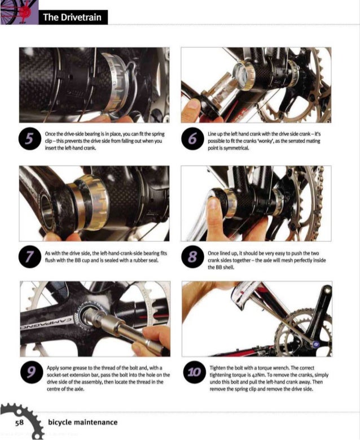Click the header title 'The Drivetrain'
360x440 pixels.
point(72,17)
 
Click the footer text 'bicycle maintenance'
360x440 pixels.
point(82,422)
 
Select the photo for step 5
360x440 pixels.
point(94,85)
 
